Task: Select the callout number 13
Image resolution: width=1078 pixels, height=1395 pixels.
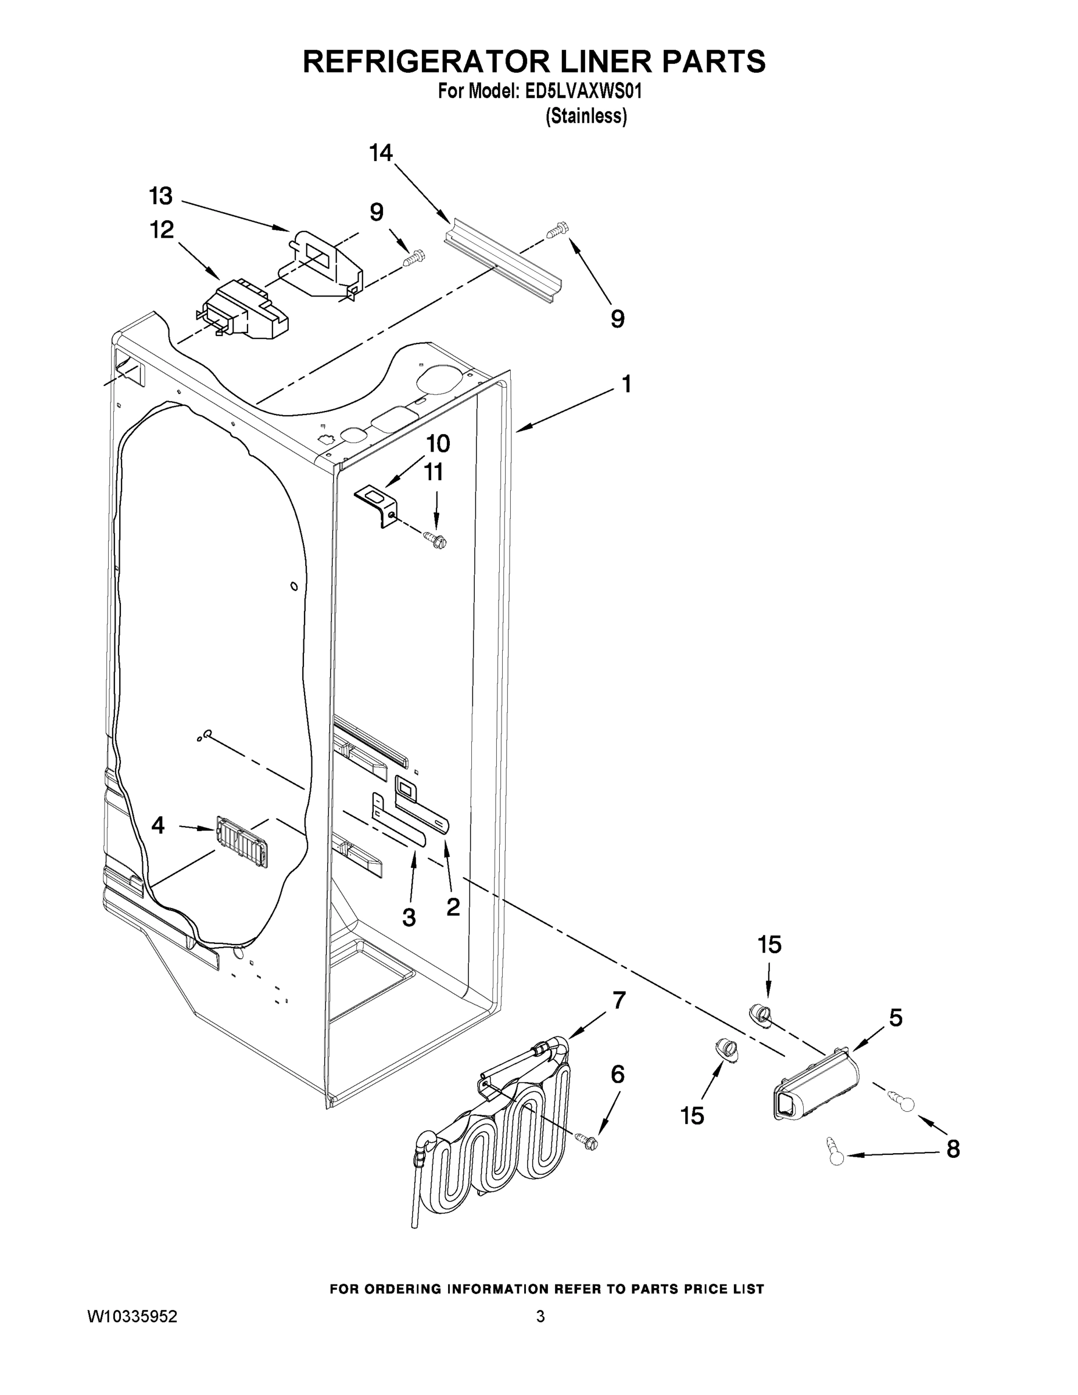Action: [x=161, y=196]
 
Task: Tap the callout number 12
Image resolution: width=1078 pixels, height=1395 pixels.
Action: [x=162, y=230]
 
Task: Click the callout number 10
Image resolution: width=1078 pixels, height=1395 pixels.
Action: [x=438, y=443]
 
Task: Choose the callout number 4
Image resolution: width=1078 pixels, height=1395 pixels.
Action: [x=157, y=825]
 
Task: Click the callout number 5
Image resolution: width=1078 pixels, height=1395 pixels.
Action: [x=896, y=1018]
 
